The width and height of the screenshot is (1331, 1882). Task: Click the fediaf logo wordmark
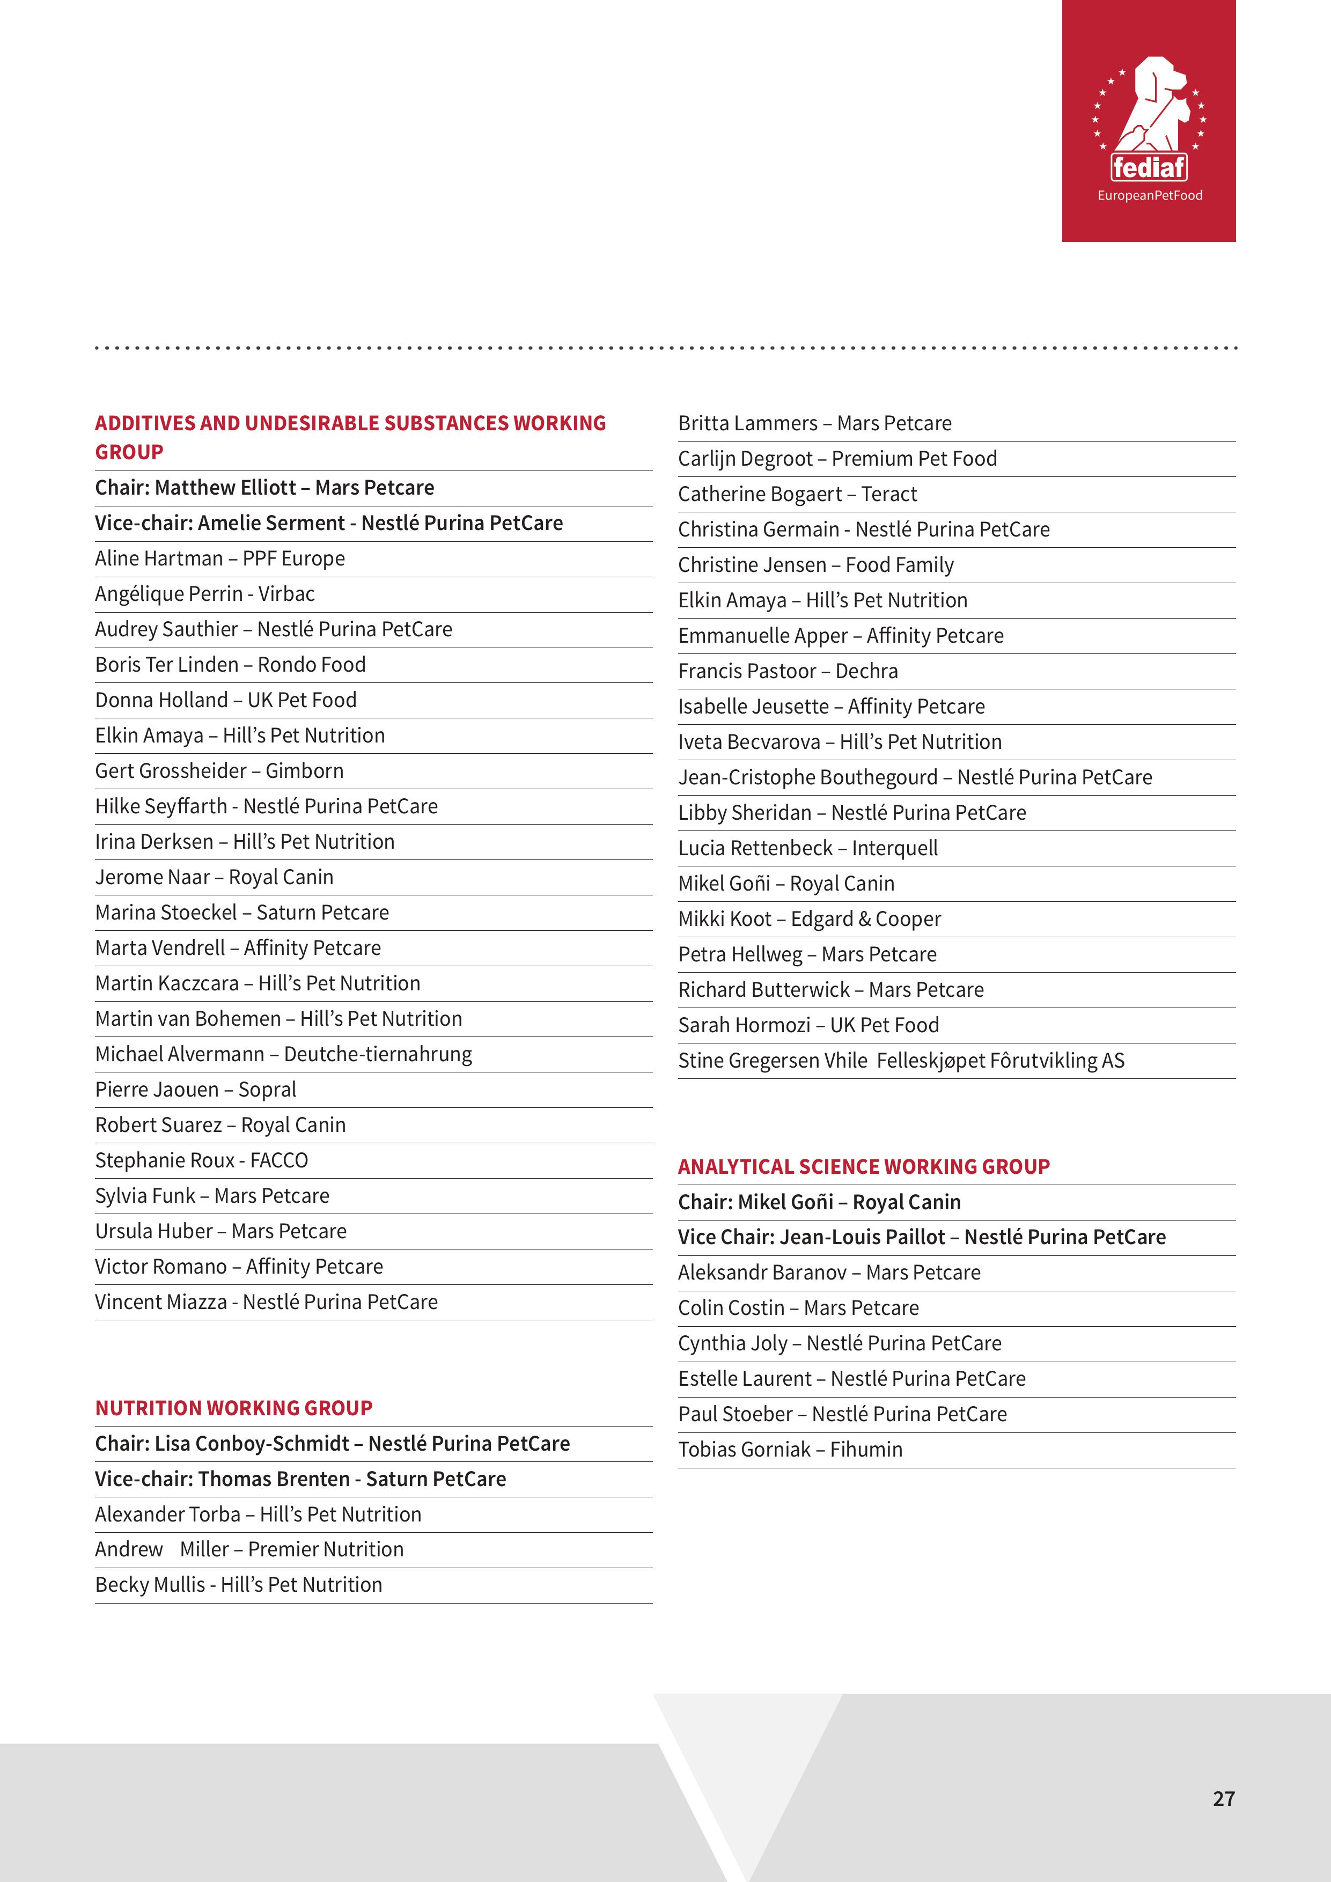coord(1149,168)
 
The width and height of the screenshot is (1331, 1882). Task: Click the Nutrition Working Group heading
coord(233,1408)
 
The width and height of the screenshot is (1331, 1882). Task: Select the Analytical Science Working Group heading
coord(864,1166)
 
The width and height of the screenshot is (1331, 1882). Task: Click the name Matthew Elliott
coord(225,488)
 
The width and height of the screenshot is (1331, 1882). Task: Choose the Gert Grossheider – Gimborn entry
coord(219,770)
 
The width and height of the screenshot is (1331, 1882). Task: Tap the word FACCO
coord(280,1160)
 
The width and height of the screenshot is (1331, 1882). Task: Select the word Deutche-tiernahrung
coord(378,1054)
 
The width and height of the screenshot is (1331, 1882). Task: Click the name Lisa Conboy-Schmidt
coord(252,1444)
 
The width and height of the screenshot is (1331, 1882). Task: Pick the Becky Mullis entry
coord(239,1584)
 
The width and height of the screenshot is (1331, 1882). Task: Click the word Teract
coord(889,494)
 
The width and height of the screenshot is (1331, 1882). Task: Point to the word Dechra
coord(866,671)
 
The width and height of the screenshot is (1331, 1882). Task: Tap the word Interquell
coord(895,848)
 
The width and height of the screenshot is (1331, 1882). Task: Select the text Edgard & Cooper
coord(865,919)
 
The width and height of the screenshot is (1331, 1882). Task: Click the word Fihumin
coord(866,1449)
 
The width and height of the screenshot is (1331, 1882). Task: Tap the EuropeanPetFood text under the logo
coord(1150,195)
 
